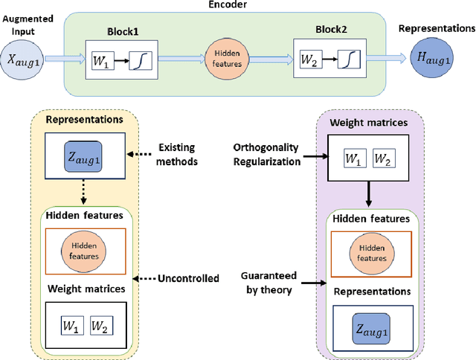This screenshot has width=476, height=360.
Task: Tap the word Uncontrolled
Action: [x=188, y=278]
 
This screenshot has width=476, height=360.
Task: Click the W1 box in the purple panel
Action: [x=353, y=160]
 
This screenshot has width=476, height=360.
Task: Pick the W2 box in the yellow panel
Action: [x=99, y=326]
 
